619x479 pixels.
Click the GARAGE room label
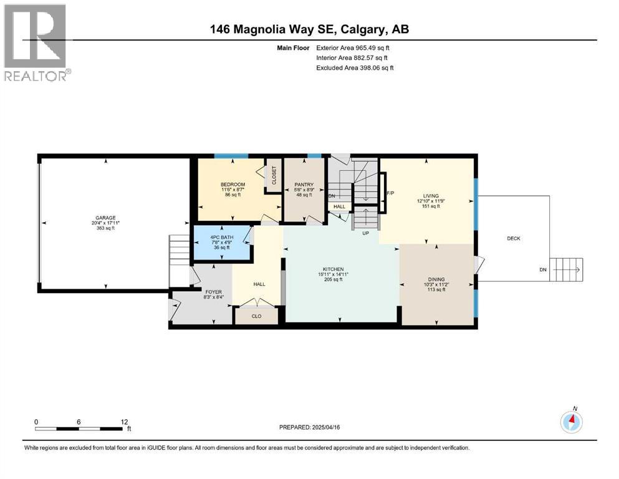(105, 218)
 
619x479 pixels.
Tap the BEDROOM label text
(233, 185)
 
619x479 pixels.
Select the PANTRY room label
(304, 185)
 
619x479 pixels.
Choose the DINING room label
(436, 279)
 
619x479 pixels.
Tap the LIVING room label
(431, 196)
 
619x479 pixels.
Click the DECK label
(513, 238)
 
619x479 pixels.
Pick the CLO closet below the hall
(256, 316)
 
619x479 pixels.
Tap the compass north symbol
(571, 422)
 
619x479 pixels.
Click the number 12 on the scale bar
(125, 422)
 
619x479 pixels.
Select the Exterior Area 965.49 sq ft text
(353, 47)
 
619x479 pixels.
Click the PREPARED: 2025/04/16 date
(309, 427)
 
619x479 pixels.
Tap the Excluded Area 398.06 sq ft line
(355, 67)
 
